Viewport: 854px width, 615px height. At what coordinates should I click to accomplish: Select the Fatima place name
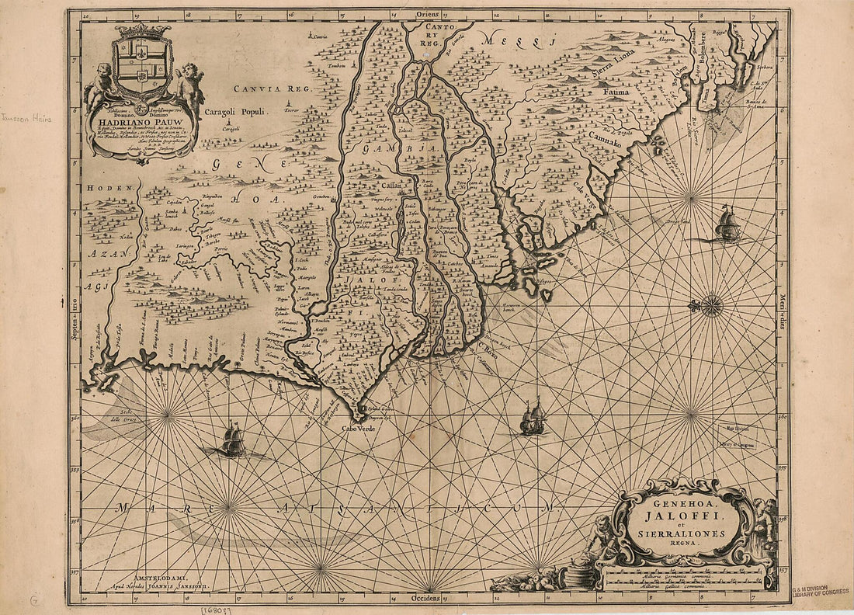click(616, 92)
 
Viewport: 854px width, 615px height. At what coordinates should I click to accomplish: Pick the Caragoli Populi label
click(235, 112)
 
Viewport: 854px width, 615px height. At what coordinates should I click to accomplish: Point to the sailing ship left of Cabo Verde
click(233, 440)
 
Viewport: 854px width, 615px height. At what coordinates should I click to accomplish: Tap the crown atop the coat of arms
click(142, 31)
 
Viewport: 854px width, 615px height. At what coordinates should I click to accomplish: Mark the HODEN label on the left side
click(100, 189)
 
